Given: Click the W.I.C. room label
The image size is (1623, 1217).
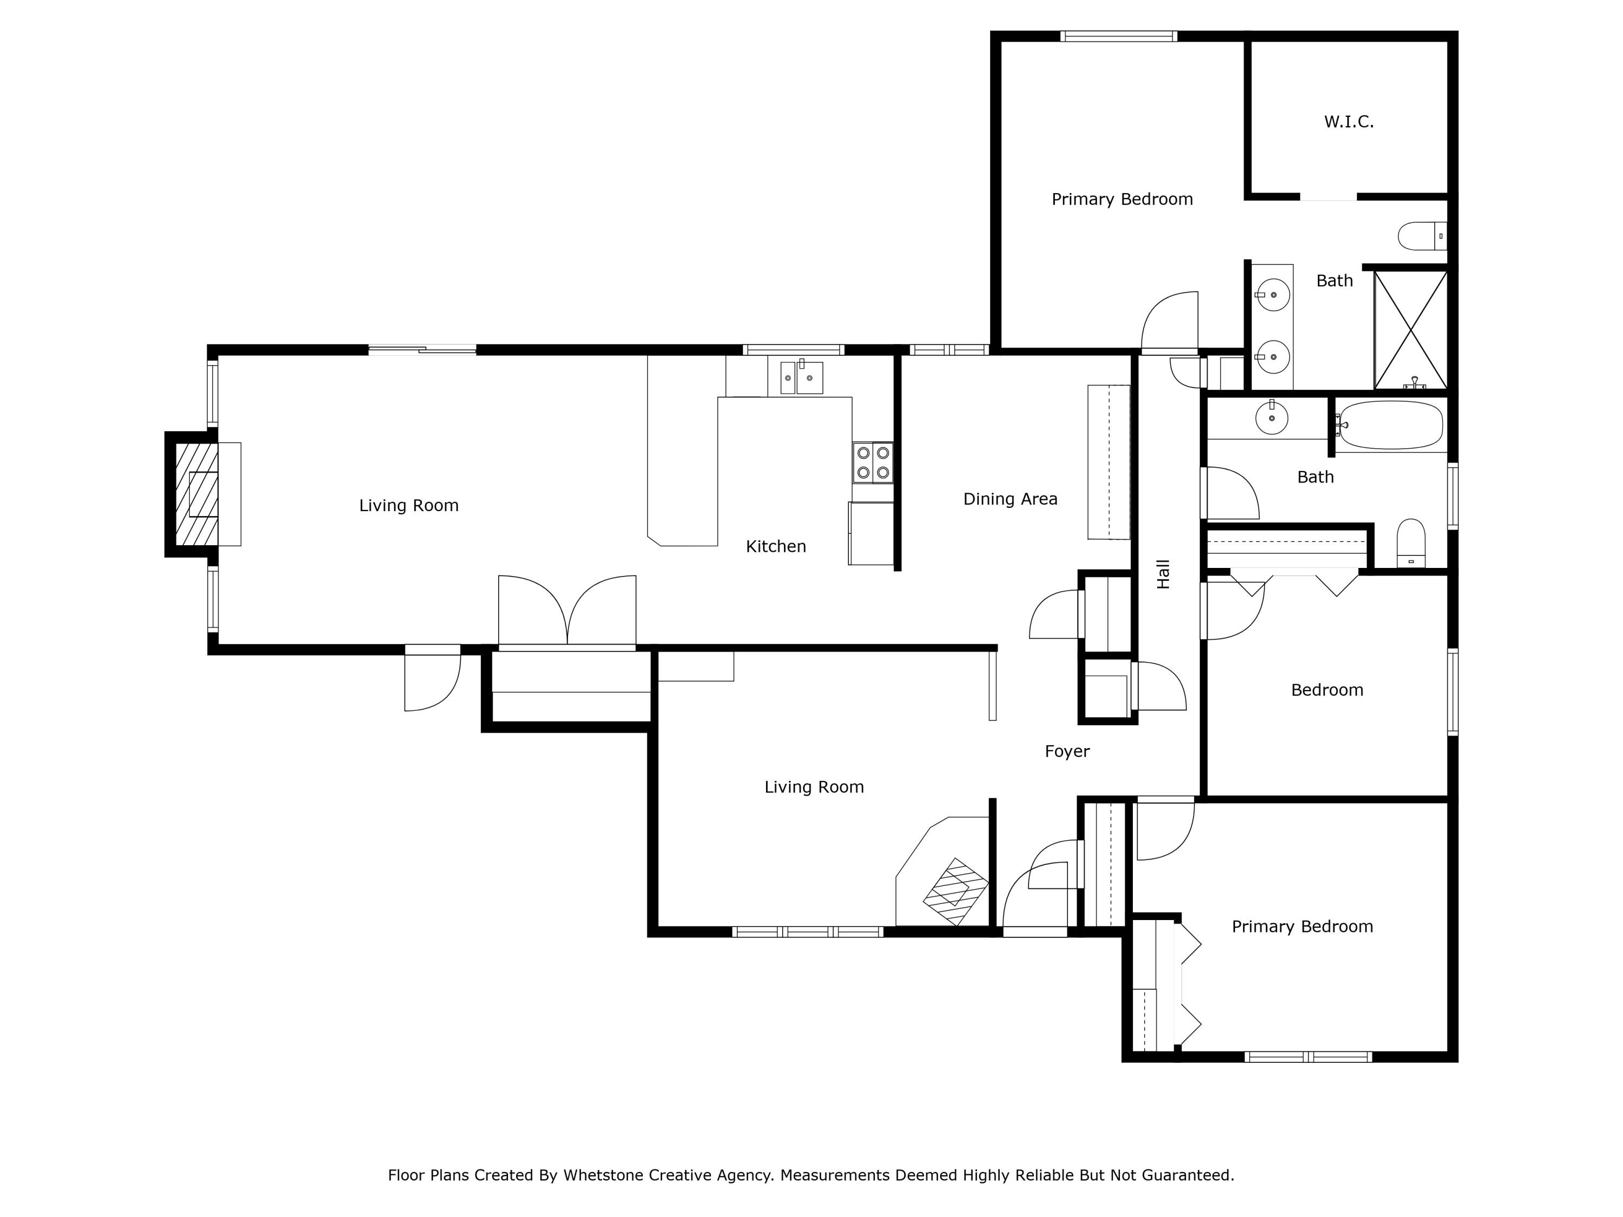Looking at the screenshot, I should [x=1349, y=122].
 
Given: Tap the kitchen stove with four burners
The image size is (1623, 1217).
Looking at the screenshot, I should [x=873, y=463].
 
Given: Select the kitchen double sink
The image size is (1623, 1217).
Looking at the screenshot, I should [x=801, y=378].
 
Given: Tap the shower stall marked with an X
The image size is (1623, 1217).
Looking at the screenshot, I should [x=1410, y=330].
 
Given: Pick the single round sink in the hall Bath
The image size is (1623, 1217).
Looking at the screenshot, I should [x=1271, y=419].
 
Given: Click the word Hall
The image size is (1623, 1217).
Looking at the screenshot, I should [x=1164, y=574].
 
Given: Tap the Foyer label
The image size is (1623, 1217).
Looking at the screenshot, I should [x=1067, y=751].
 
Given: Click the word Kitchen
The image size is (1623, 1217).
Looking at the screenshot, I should [x=776, y=546].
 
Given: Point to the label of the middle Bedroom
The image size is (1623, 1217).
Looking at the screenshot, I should [x=1327, y=690].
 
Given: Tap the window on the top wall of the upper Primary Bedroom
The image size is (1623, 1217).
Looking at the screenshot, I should [x=1118, y=36].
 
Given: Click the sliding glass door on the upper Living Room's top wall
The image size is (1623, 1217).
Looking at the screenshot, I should [x=422, y=350].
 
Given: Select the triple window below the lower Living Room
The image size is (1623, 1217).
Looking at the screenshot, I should [x=807, y=931].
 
